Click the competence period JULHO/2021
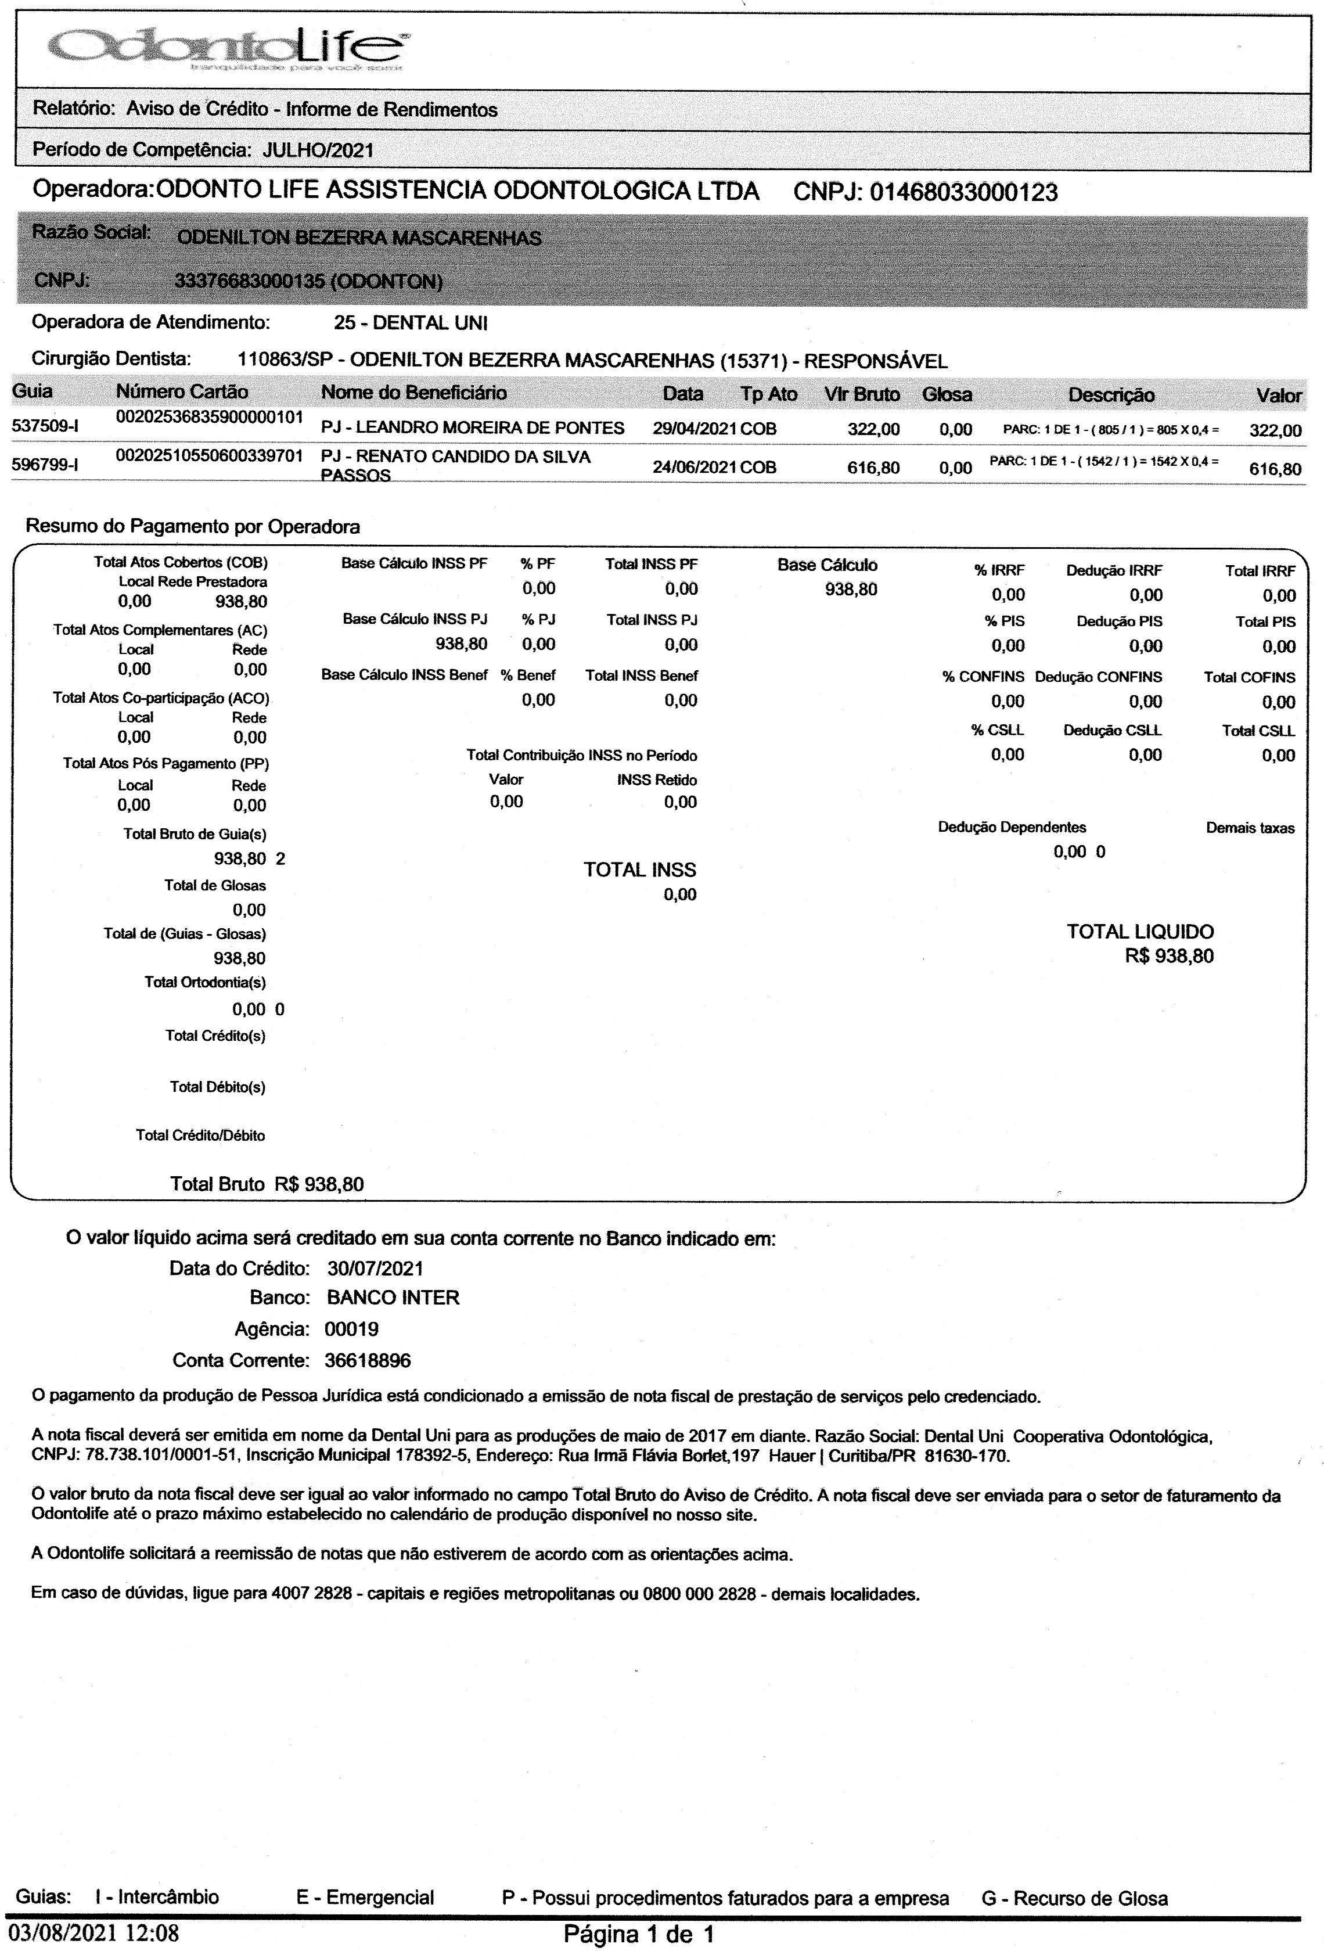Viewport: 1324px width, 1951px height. click(x=318, y=150)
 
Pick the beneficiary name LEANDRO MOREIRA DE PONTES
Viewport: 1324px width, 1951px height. click(x=473, y=428)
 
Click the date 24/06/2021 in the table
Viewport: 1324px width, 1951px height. click(x=695, y=468)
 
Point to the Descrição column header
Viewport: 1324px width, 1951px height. click(x=1111, y=394)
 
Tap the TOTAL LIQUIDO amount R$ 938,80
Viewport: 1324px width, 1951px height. click(x=1169, y=956)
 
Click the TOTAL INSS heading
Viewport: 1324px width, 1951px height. click(x=640, y=869)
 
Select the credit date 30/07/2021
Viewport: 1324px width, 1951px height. click(x=375, y=1267)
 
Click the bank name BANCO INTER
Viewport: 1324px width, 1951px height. click(x=393, y=1298)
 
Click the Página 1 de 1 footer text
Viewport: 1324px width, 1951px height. click(x=638, y=1935)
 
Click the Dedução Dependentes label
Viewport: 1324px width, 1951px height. click(x=1012, y=827)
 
